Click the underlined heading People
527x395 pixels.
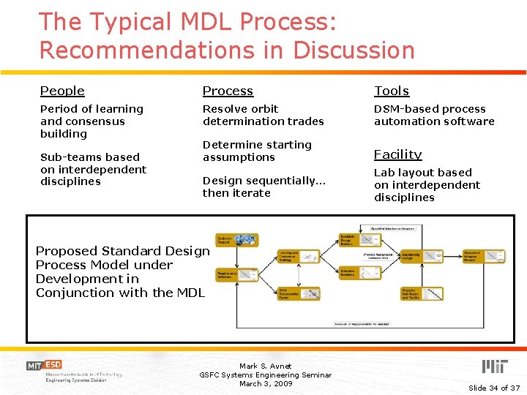[62, 91]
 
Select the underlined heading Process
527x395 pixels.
[228, 91]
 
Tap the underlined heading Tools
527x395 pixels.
[392, 91]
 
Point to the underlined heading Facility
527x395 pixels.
[397, 154]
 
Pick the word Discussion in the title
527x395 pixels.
[354, 50]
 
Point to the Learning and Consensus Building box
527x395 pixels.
[298, 256]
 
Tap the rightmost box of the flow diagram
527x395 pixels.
[483, 257]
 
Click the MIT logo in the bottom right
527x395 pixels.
[494, 366]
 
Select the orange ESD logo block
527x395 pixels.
[53, 365]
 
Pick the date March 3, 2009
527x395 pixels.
[265, 383]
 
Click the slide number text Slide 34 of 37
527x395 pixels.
[494, 388]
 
